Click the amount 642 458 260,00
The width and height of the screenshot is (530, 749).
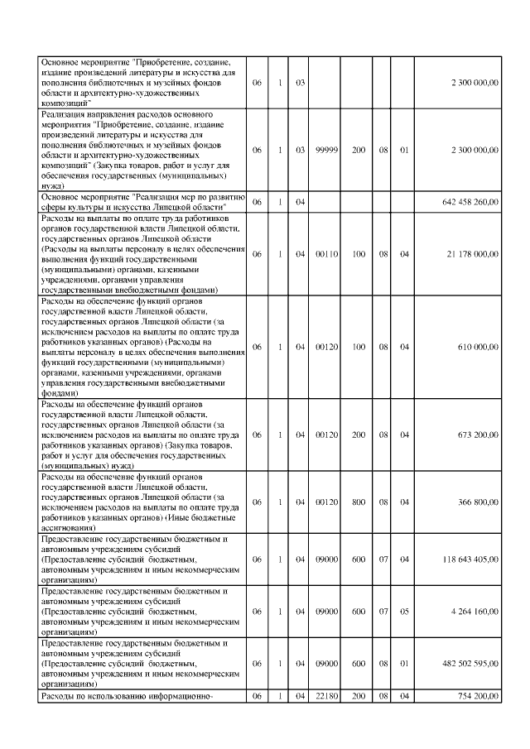click(x=470, y=202)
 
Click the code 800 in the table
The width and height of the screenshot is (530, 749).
click(x=359, y=502)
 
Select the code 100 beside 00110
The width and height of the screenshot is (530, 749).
click(x=359, y=254)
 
